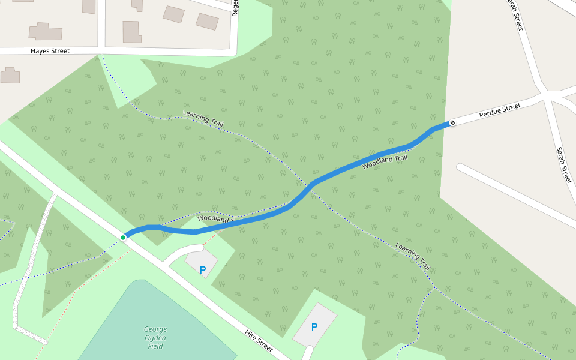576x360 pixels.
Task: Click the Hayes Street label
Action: [x=50, y=51]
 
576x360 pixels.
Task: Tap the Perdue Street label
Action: [x=499, y=110]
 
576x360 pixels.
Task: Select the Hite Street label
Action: [x=259, y=340]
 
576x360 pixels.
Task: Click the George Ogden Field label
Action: [x=155, y=337]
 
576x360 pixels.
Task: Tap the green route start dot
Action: [x=123, y=238]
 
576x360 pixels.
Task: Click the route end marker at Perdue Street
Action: [x=452, y=123]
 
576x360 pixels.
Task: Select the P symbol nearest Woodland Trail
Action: [x=202, y=270]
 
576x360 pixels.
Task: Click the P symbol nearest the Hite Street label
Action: [x=314, y=327]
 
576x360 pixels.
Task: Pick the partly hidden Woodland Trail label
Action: [x=215, y=219]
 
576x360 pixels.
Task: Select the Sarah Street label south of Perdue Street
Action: [x=563, y=165]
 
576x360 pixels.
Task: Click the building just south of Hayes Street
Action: [x=10, y=76]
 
